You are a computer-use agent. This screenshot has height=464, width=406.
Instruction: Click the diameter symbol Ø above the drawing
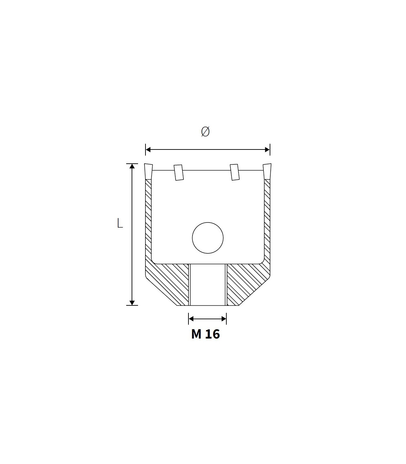point(205,132)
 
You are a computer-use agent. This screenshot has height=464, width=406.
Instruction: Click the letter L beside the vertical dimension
point(120,223)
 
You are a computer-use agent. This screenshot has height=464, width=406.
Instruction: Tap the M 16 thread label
point(205,334)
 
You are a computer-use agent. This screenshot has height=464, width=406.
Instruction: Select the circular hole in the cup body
point(207,238)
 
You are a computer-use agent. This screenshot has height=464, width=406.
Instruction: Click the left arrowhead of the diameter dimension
point(148,149)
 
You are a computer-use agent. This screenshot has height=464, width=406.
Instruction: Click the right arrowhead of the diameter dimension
point(267,149)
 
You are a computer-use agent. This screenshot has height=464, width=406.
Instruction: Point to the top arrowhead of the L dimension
point(132,166)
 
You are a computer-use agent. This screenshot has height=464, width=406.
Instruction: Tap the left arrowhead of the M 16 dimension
point(191,319)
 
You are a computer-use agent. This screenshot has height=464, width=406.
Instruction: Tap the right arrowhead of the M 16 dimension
point(224,319)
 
